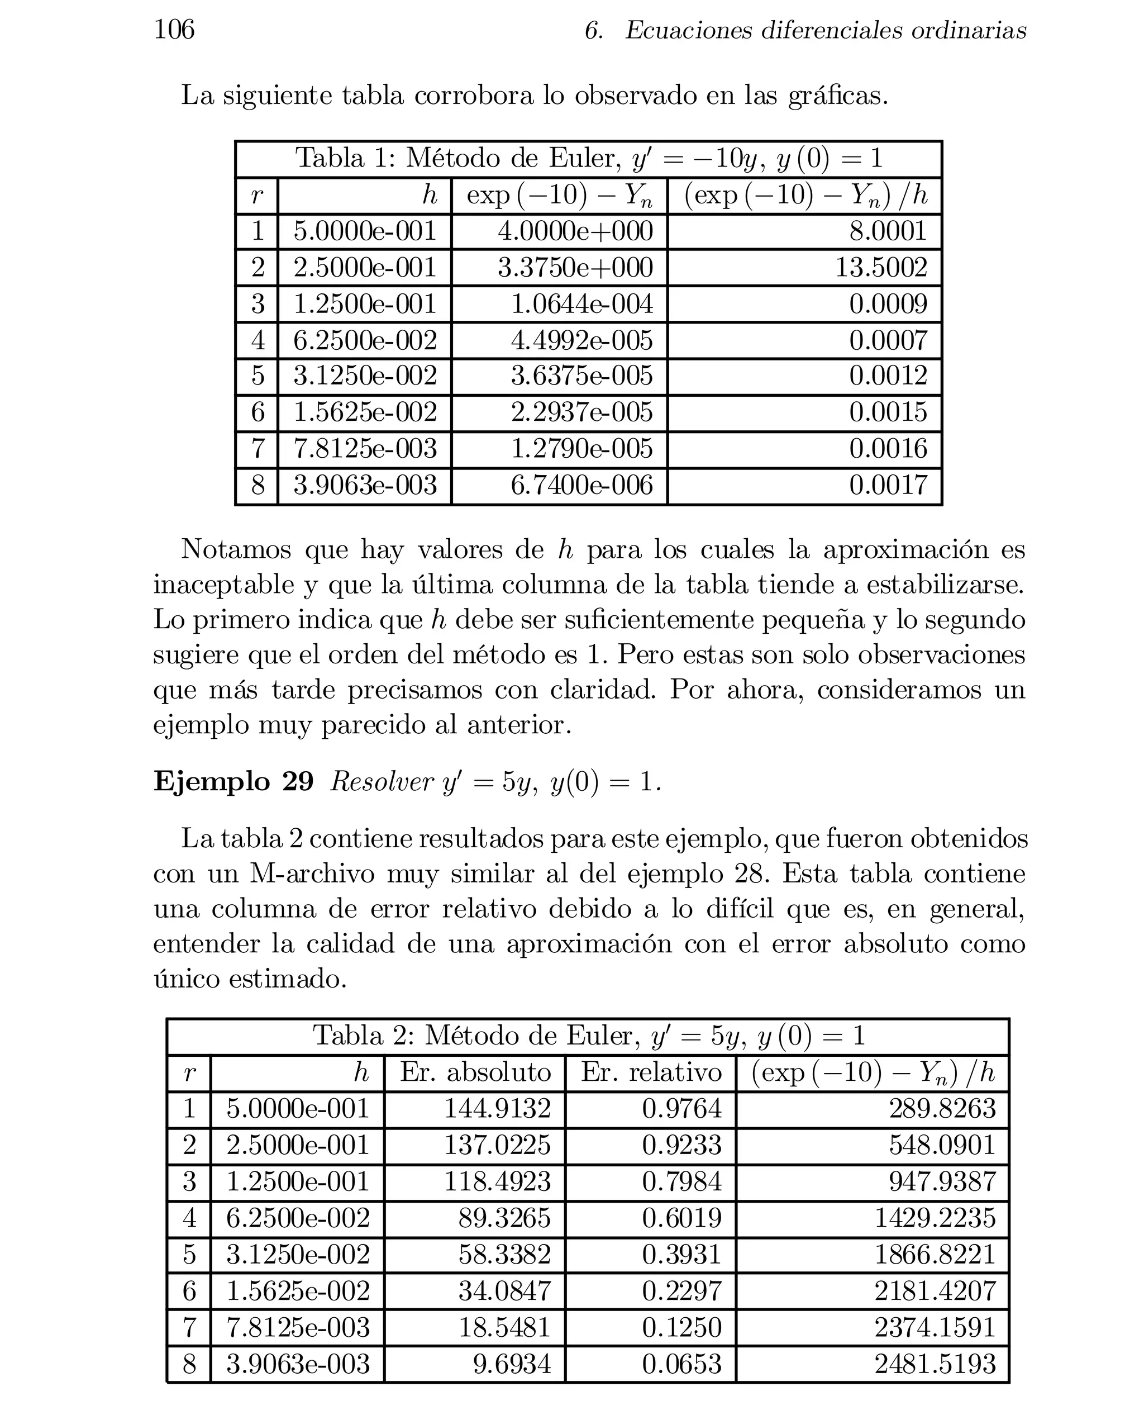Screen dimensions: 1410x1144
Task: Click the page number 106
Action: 174,30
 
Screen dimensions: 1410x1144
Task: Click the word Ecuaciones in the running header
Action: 688,30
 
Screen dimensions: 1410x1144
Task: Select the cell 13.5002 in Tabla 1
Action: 880,268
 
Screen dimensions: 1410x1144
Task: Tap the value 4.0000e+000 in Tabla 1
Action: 575,231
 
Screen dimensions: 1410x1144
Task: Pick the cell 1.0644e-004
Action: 581,304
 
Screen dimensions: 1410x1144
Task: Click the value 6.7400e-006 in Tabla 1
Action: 581,486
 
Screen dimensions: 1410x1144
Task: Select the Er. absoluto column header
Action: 475,1072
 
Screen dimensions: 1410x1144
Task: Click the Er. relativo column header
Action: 651,1072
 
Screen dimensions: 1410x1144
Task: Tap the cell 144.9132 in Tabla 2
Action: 497,1108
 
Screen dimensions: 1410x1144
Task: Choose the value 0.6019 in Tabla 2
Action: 681,1218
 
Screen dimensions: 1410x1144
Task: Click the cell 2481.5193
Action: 935,1363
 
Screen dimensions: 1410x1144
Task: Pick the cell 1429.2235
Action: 935,1218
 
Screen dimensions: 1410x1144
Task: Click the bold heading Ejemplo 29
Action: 233,781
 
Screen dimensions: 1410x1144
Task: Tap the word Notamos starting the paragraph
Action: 235,549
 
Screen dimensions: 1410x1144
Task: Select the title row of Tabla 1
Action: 588,158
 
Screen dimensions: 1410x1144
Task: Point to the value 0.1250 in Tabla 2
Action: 681,1327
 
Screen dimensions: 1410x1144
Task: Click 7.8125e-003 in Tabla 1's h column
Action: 364,449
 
